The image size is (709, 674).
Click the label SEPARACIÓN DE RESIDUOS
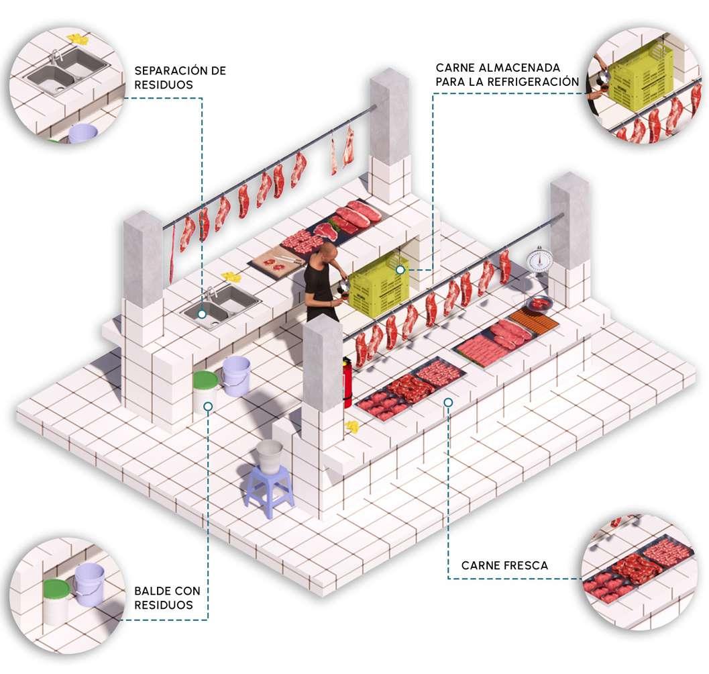coord(180,77)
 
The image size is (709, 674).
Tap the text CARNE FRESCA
coord(504,565)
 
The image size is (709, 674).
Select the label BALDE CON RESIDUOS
coord(167,597)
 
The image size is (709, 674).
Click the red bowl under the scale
coord(539,304)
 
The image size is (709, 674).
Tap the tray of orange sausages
coord(534,322)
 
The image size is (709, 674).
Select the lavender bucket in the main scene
coord(236,376)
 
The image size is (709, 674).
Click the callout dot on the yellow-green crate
coord(400,270)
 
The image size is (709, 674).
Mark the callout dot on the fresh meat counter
coord(448,401)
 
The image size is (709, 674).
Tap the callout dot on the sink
coord(202,314)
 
